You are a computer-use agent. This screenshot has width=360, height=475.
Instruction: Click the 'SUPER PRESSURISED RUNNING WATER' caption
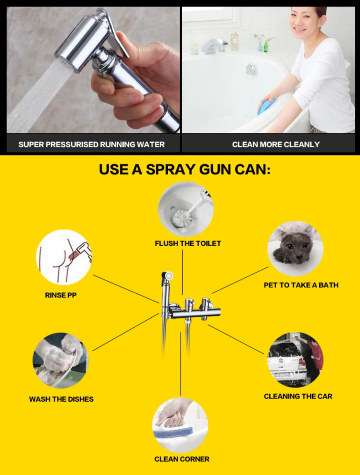(92, 144)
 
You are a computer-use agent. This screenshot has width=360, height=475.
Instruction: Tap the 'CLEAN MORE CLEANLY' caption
(276, 144)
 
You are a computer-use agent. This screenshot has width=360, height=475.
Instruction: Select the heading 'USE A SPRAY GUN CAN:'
(184, 169)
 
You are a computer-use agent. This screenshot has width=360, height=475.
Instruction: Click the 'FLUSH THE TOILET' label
(188, 243)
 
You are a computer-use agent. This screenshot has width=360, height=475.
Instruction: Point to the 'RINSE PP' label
(60, 295)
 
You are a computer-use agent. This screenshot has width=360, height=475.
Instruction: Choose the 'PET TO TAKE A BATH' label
(301, 285)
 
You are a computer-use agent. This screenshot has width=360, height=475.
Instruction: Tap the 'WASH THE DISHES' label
(61, 399)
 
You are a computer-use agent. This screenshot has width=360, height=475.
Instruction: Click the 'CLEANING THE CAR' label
(298, 396)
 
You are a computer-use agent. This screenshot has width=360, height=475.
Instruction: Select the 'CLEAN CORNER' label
(182, 459)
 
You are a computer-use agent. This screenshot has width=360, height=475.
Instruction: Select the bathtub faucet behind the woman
(214, 45)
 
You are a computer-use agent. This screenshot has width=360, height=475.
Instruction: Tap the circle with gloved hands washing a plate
(60, 360)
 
